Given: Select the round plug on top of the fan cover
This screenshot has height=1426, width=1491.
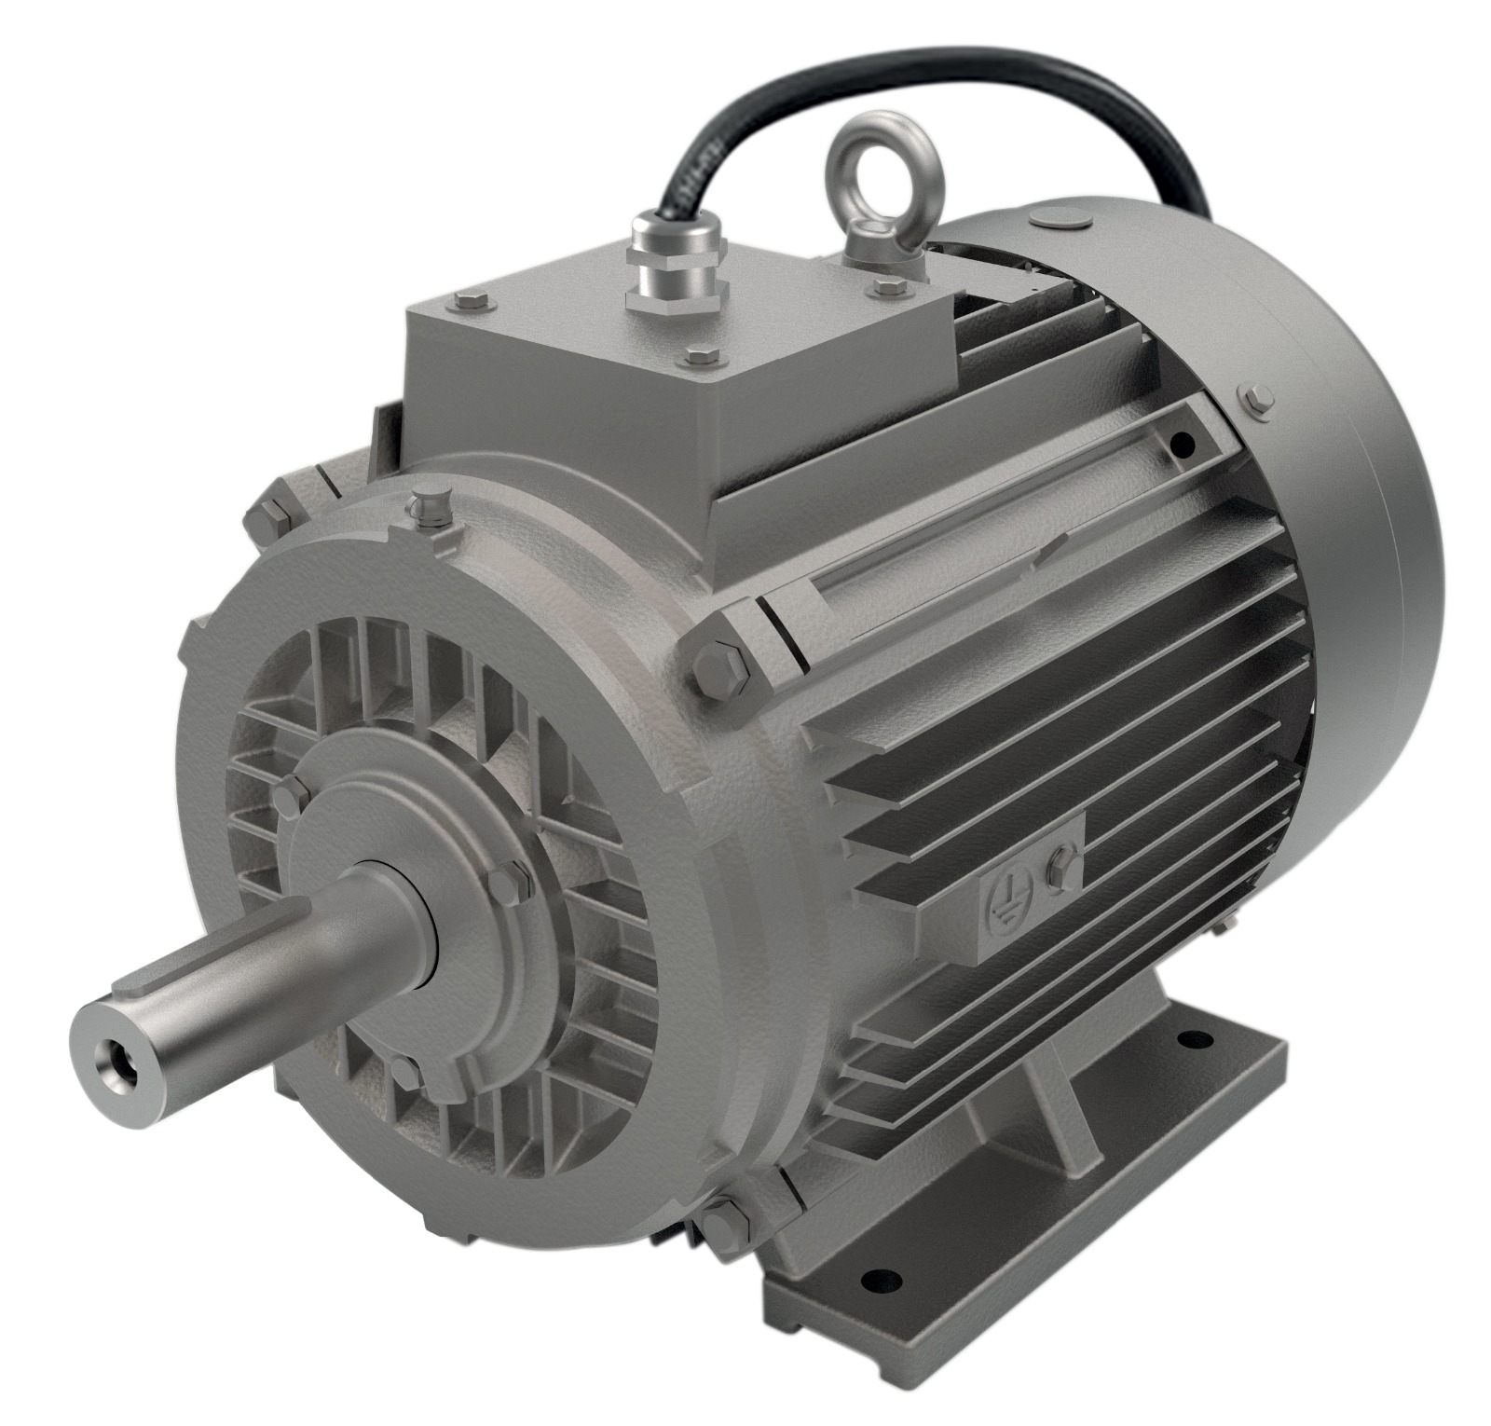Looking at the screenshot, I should (x=1060, y=219).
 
